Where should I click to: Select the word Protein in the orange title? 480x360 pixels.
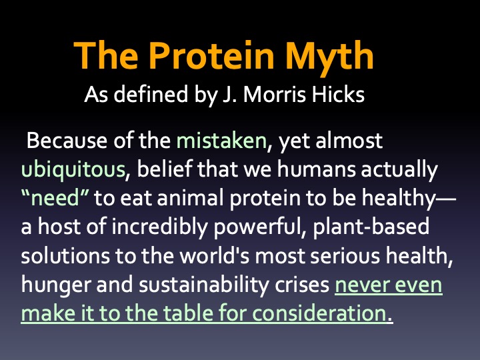tap(211, 55)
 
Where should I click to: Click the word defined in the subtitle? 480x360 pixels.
tap(151, 94)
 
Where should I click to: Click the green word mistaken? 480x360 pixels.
tap(221, 141)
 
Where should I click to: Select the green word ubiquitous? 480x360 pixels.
tap(73, 169)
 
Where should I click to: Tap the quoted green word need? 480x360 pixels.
tap(55, 198)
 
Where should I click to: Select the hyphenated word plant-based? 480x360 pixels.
tap(371, 227)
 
